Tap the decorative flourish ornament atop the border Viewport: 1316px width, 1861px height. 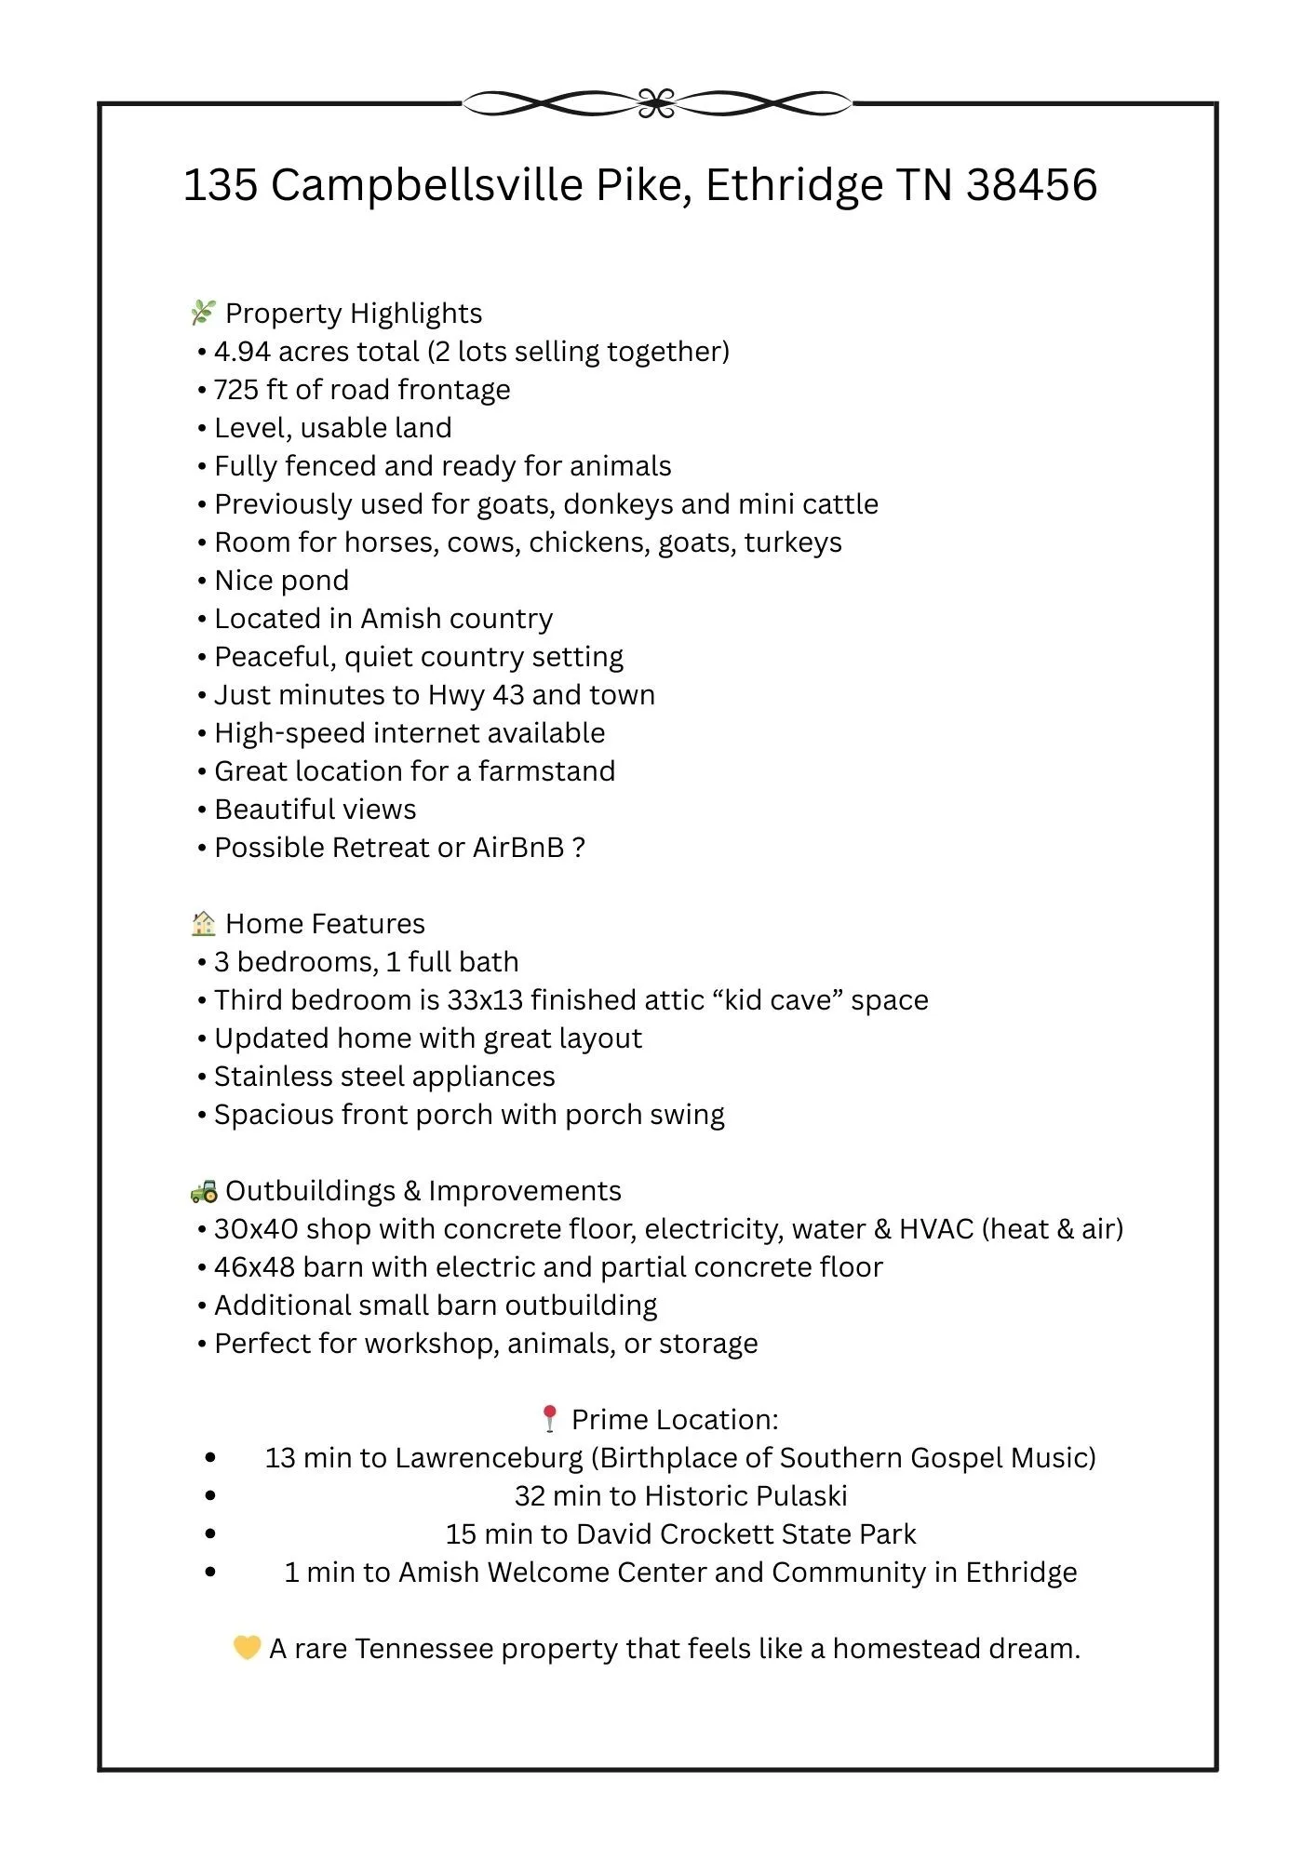(x=657, y=103)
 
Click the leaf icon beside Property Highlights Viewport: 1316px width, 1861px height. (x=203, y=313)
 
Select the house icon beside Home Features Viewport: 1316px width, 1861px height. (x=203, y=923)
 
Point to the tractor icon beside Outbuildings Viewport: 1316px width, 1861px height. (x=204, y=1191)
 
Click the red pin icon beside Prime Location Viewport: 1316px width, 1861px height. (x=549, y=1419)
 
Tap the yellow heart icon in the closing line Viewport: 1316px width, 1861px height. (x=247, y=1648)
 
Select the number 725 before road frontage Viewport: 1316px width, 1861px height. (x=236, y=390)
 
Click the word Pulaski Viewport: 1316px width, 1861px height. (x=801, y=1496)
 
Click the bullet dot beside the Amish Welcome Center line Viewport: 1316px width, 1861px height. (x=210, y=1573)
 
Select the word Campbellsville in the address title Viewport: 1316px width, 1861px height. (x=427, y=184)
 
